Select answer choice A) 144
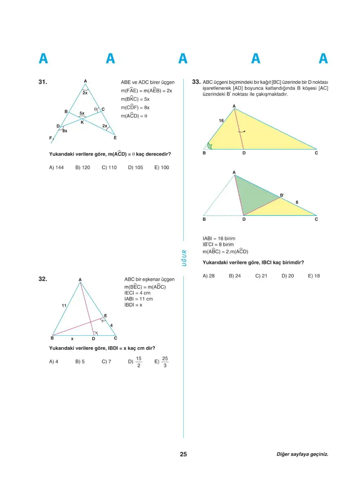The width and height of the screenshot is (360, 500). point(56,168)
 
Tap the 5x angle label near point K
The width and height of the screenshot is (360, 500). point(82,113)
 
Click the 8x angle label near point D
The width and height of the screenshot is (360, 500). point(65,131)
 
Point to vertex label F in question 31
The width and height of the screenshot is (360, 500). point(51,138)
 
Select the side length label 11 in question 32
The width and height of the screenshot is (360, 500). point(64,305)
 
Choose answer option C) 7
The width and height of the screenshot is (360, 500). point(106,362)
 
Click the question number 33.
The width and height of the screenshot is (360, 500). point(196,82)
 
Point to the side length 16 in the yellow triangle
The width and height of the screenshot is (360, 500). point(221,121)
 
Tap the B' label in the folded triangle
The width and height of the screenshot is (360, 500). point(282,195)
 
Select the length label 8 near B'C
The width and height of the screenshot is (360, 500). point(297,202)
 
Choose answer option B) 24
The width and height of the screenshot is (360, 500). point(235,276)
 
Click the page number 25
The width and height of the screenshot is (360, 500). point(183,454)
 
